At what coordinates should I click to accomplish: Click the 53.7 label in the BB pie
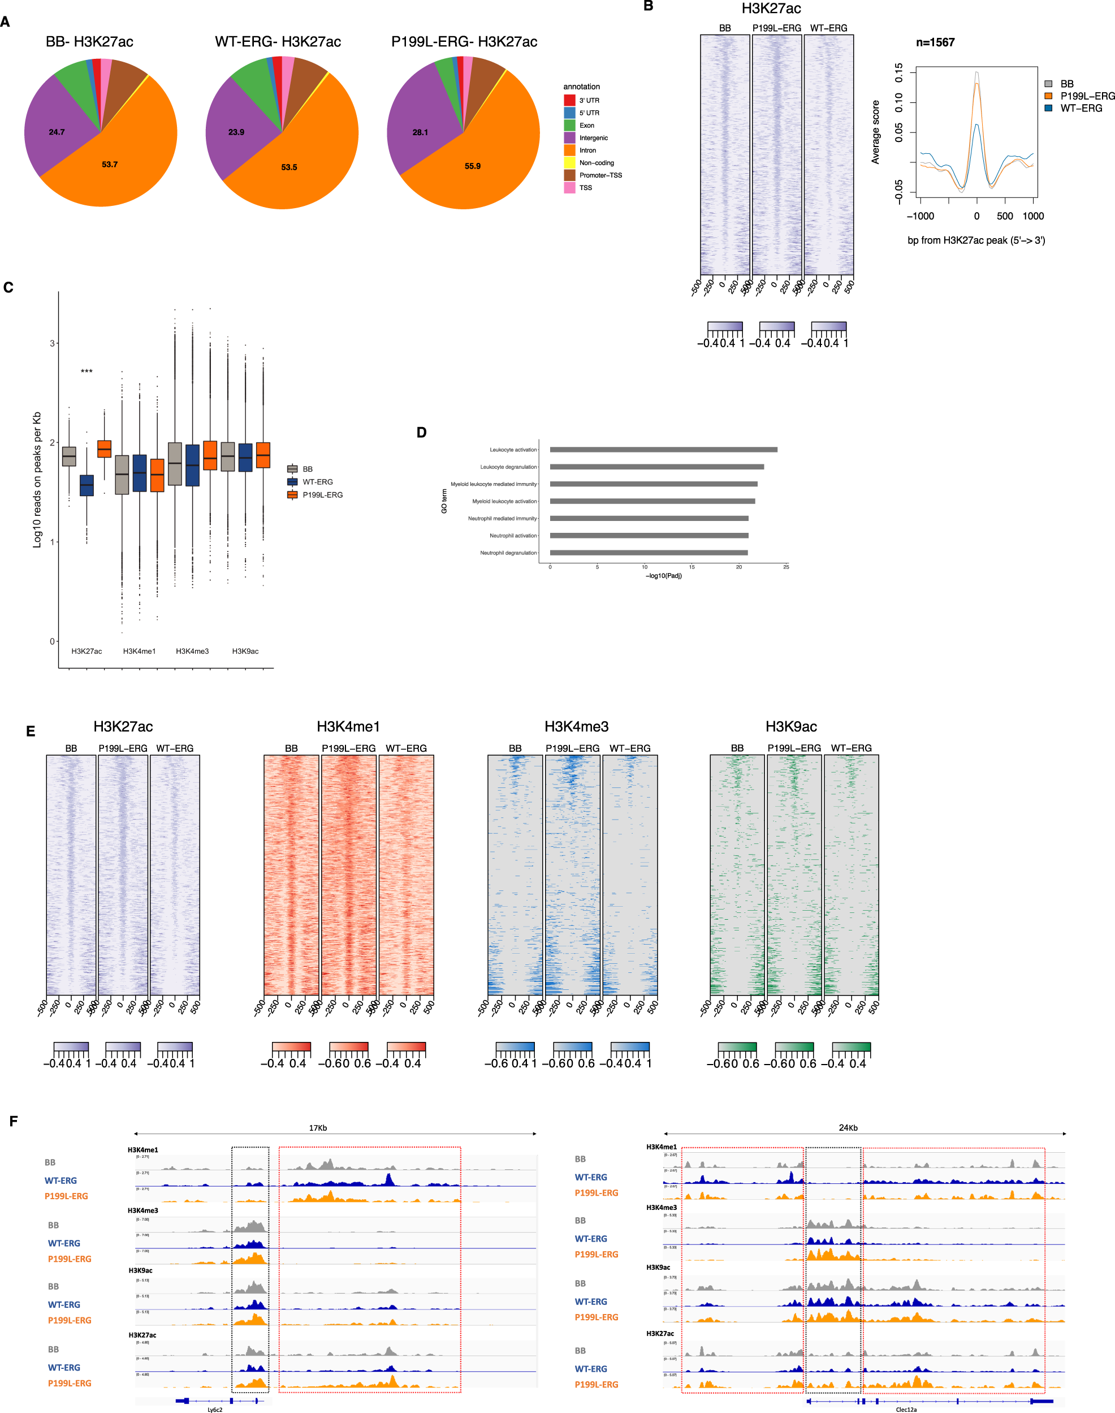pyautogui.click(x=110, y=165)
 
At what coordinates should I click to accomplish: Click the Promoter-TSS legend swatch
pyautogui.click(x=569, y=175)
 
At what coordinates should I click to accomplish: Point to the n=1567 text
pyautogui.click(x=935, y=42)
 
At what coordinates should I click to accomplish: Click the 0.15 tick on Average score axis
pyautogui.click(x=899, y=72)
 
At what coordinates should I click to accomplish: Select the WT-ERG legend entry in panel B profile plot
pyautogui.click(x=1081, y=109)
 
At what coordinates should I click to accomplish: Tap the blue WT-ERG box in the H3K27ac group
pyautogui.click(x=87, y=485)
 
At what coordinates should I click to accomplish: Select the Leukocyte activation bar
pyautogui.click(x=663, y=449)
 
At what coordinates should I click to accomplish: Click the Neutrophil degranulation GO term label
pyautogui.click(x=508, y=553)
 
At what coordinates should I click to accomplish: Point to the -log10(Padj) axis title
pyautogui.click(x=663, y=576)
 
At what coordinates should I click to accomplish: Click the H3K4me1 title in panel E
pyautogui.click(x=348, y=727)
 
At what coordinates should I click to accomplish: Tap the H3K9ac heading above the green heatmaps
pyautogui.click(x=790, y=727)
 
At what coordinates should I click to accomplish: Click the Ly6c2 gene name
pyautogui.click(x=215, y=1410)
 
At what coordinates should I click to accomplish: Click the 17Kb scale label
pyautogui.click(x=318, y=1128)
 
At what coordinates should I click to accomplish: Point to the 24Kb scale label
pyautogui.click(x=848, y=1128)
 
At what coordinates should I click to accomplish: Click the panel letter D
pyautogui.click(x=422, y=432)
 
